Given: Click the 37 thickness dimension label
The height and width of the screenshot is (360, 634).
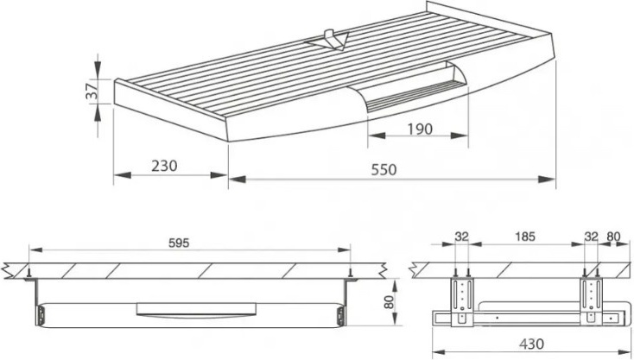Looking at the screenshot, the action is coord(92,91).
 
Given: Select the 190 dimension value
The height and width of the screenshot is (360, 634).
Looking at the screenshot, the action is coord(420,129).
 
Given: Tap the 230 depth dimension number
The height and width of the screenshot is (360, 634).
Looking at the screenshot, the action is coord(164,166).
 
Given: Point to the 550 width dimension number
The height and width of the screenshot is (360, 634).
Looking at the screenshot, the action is coord(384,170).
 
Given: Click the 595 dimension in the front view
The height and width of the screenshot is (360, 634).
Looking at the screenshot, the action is coord(179,243).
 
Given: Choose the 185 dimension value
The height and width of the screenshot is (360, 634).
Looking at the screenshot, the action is coord(525,237).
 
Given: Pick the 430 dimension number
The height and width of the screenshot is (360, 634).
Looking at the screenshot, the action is coord(531,344).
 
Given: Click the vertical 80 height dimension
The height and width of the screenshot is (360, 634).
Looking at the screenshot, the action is coord(389,302).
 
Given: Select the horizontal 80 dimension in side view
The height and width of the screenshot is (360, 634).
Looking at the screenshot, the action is coord(613,237).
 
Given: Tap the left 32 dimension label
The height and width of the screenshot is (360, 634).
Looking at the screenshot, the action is coord(461,237).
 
